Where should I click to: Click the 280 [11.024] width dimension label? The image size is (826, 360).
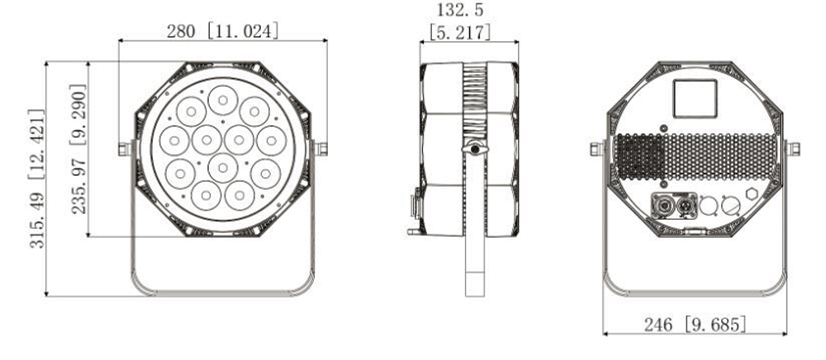pyautogui.click(x=223, y=31)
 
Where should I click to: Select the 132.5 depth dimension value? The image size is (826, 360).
pyautogui.click(x=461, y=12)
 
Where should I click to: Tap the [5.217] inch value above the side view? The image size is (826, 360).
pyautogui.click(x=461, y=33)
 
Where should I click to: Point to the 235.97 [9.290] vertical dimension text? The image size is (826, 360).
pyautogui.click(x=79, y=149)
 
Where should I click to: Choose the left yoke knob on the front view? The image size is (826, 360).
pyautogui.click(x=125, y=149)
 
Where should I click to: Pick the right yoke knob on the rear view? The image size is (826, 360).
pyautogui.click(x=793, y=149)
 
